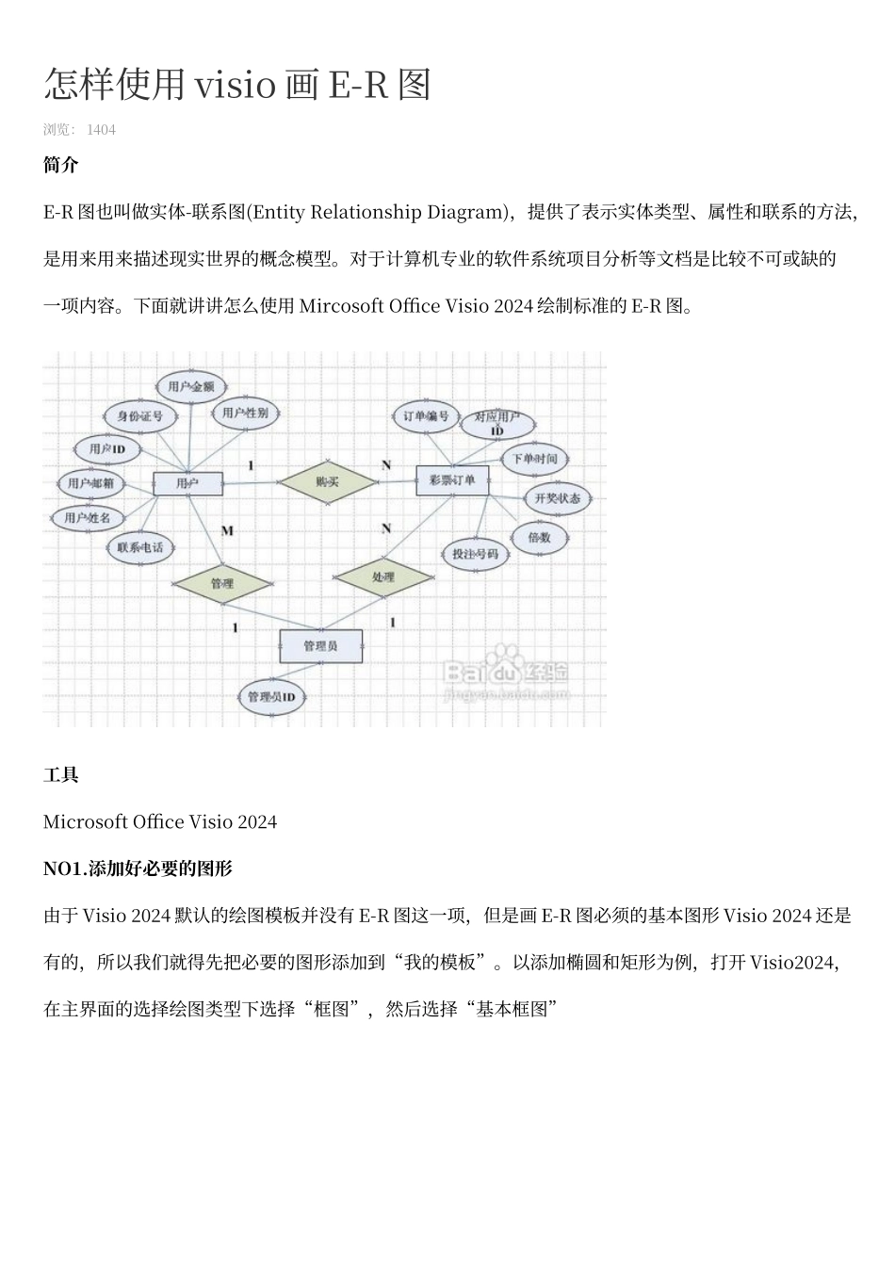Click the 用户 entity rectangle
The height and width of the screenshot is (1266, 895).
click(187, 484)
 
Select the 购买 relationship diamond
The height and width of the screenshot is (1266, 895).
click(327, 481)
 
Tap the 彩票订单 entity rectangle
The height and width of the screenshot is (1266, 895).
click(452, 479)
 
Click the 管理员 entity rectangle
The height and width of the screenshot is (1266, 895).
click(320, 646)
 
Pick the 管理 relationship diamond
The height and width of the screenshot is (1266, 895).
click(222, 584)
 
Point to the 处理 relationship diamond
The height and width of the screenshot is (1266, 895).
click(383, 577)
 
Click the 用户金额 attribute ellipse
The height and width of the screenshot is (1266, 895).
click(190, 386)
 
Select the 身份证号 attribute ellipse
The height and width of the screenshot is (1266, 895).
click(139, 415)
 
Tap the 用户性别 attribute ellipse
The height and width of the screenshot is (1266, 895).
click(246, 413)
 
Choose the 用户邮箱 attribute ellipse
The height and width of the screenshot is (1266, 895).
click(90, 484)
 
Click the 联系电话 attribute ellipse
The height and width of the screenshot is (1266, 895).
click(139, 547)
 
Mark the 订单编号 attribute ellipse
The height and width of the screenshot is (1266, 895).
click(426, 416)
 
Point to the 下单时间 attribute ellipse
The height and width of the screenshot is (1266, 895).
click(534, 459)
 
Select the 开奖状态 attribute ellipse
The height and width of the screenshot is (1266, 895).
click(558, 498)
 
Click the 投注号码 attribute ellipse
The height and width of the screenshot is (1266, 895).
click(475, 554)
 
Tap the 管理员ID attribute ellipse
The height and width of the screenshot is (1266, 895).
click(271, 698)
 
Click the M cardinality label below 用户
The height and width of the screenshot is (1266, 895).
click(227, 531)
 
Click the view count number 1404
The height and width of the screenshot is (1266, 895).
click(101, 130)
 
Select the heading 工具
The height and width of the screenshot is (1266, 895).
click(61, 775)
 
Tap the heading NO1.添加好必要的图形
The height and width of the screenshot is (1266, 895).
click(138, 868)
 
